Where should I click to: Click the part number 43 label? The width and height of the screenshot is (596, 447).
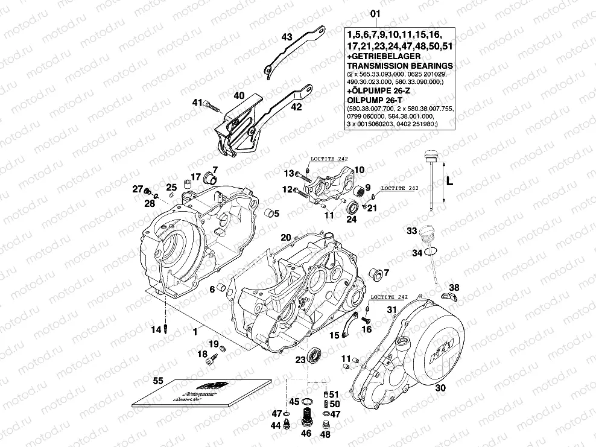click(x=287, y=37)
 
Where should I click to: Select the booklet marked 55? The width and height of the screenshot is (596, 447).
click(x=201, y=396)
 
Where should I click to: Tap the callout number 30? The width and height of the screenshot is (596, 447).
click(x=440, y=388)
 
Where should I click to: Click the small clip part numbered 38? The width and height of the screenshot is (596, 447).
click(x=450, y=295)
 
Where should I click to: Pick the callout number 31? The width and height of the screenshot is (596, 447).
click(x=391, y=309)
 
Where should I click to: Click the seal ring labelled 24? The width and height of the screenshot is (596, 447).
click(x=351, y=209)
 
